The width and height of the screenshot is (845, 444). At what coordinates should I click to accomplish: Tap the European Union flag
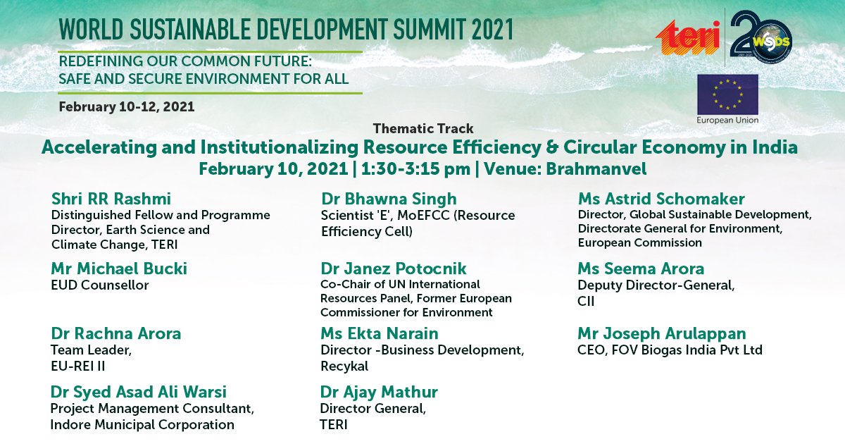(x=727, y=94)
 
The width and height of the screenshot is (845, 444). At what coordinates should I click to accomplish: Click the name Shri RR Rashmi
(x=111, y=199)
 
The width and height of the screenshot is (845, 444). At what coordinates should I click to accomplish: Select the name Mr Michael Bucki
(x=119, y=269)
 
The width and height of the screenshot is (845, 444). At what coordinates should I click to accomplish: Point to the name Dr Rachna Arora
(x=116, y=333)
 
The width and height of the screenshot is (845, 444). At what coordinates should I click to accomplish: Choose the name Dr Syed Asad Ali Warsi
(x=139, y=392)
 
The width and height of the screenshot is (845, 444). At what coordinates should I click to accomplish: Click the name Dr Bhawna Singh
(x=389, y=199)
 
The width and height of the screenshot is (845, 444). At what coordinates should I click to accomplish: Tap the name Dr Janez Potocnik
(x=394, y=269)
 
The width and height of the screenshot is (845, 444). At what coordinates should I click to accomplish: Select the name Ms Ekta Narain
(x=380, y=333)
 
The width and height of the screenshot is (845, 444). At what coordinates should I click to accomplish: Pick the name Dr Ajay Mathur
(x=379, y=392)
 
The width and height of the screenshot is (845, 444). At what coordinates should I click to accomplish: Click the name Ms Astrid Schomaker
(x=661, y=199)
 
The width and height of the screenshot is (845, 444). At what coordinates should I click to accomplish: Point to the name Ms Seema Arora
(x=641, y=269)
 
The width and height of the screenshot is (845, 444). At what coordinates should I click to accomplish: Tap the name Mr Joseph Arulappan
(x=662, y=333)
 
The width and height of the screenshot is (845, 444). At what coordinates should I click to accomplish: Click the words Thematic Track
(x=423, y=129)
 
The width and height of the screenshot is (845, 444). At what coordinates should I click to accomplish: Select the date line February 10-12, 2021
(x=127, y=107)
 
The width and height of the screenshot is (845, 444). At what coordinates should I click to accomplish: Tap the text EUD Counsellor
(x=100, y=285)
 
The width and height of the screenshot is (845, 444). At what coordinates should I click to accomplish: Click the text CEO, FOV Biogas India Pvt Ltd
(x=670, y=350)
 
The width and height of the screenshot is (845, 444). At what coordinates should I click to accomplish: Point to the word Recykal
(x=344, y=366)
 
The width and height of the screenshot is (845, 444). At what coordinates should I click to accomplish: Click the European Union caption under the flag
(x=727, y=121)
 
